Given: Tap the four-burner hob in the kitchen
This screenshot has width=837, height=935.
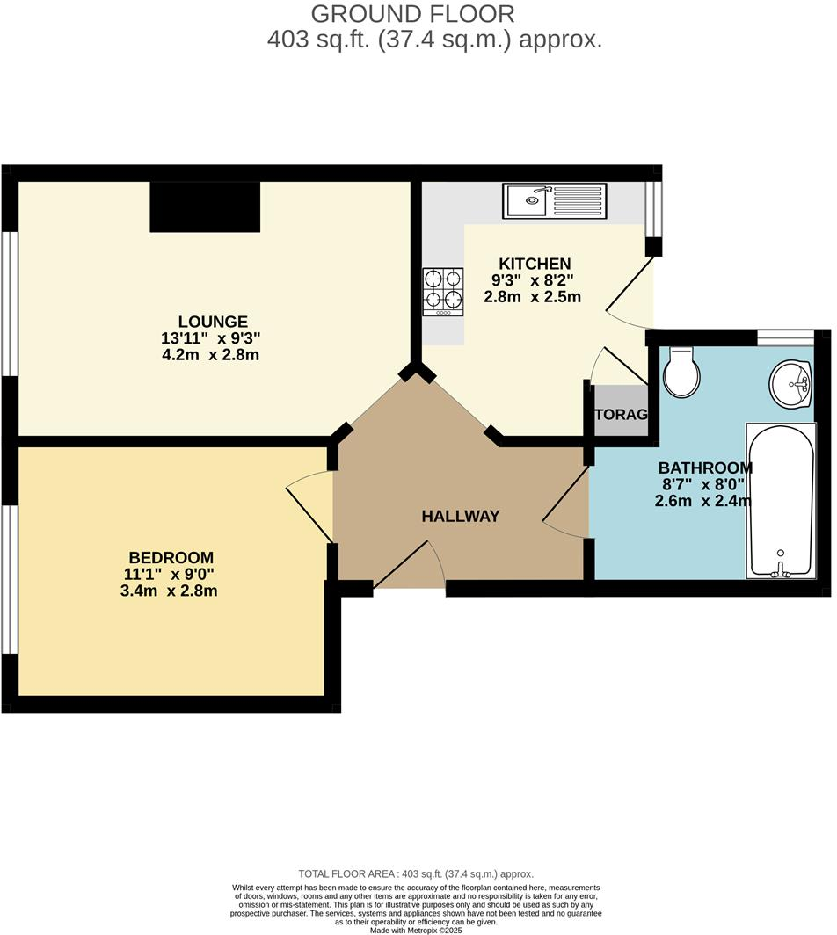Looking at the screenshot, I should (443, 292).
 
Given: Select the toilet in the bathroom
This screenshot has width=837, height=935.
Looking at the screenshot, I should (681, 373).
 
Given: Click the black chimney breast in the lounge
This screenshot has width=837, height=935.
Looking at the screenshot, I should (205, 207).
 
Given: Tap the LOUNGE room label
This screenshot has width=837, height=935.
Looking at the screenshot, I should (213, 322).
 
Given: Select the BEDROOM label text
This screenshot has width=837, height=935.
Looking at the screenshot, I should (171, 557).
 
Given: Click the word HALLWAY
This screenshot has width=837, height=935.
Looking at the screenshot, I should (460, 517).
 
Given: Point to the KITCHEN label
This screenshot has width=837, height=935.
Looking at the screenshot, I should (535, 264).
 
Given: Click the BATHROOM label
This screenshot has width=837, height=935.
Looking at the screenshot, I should (705, 468).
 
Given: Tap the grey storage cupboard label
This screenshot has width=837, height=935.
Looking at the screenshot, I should (620, 415).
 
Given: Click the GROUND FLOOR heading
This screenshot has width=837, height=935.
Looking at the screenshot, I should (412, 13).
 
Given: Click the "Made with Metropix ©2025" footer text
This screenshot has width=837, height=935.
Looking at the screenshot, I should (418, 930).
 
